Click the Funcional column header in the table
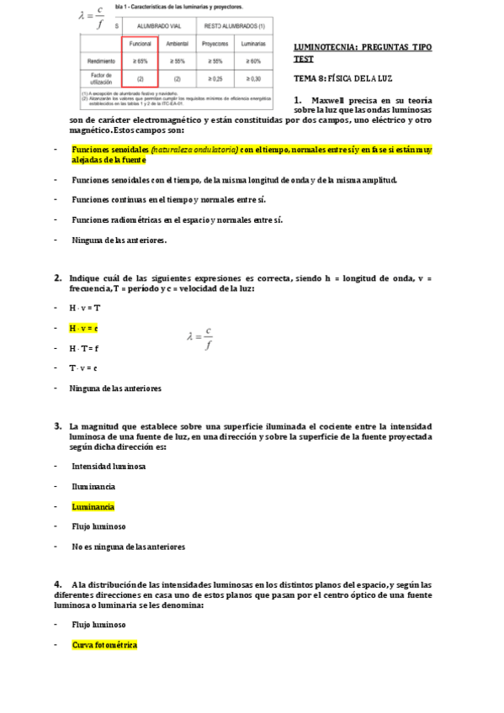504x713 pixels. pos(140,43)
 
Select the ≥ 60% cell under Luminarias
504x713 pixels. pos(250,61)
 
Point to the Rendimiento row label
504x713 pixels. pos(100,61)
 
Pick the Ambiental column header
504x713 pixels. pos(177,43)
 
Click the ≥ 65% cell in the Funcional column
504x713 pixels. pos(140,61)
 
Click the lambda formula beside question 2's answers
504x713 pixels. pos(199,338)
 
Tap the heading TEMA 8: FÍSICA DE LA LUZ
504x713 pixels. pos(344,78)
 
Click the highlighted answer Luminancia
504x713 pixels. pos(93,506)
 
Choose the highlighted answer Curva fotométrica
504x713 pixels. pos(103,645)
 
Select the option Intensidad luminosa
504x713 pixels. pos(109,466)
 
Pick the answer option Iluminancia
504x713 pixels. pos(93,486)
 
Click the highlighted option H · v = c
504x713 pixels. pos(84,328)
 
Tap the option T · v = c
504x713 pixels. pos(83,367)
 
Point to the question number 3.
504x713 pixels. pos(57,426)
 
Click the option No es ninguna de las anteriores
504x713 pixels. pos(128,547)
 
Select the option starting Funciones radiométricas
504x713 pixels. pos(177,219)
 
